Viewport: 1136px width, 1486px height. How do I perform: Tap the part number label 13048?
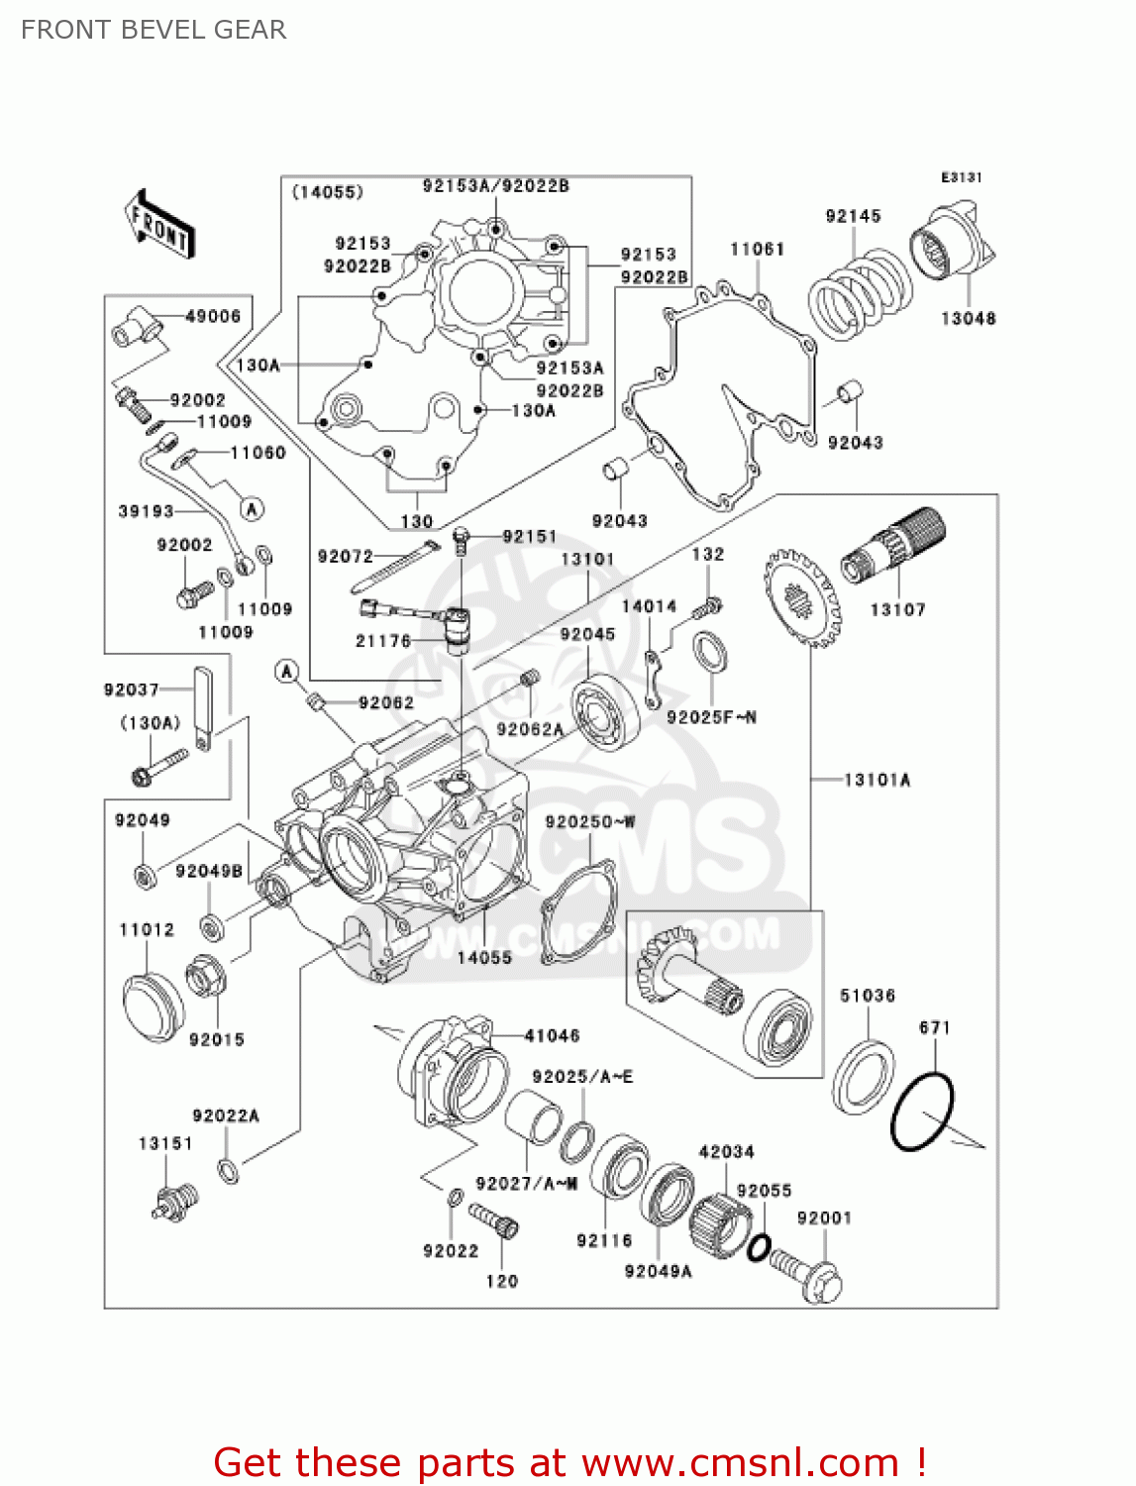pos(968,318)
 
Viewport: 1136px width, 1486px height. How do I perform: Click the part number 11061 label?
pos(757,249)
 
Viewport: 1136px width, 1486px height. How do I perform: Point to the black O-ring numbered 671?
pos(922,1112)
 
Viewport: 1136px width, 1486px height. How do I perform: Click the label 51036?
pos(868,996)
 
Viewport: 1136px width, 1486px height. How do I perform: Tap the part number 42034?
pos(726,1151)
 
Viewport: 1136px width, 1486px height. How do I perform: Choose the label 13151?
pos(165,1143)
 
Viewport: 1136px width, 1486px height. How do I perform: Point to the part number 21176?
pos(383,641)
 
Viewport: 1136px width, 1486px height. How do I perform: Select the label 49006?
pos(213,316)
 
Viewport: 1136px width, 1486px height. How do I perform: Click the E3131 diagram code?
pos(961,177)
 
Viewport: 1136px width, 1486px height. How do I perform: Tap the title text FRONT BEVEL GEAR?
pos(154,30)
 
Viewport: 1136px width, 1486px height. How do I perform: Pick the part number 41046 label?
pos(552,1035)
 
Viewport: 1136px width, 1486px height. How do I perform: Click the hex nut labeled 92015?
pos(206,979)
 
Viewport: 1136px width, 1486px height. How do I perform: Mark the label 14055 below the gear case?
pos(484,957)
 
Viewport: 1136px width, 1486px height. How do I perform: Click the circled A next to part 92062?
pos(287,672)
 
